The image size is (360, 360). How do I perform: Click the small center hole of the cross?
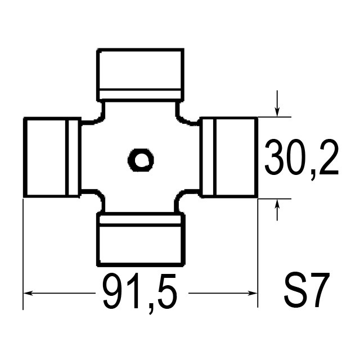(140, 160)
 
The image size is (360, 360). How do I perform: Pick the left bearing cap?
(51, 157)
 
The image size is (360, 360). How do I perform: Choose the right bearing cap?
(229, 157)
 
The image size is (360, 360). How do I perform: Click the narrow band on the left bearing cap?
(72, 157)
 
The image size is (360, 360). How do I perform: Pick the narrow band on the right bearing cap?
(209, 157)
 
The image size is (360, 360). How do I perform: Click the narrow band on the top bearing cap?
(141, 94)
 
